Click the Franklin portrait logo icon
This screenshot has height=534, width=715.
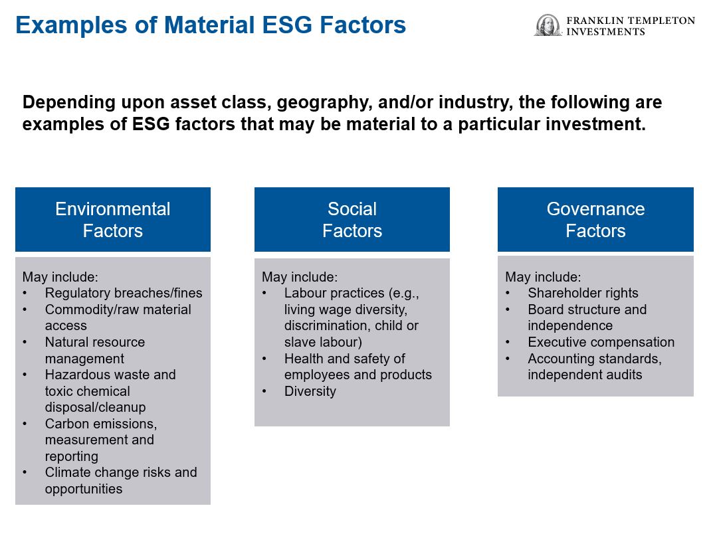coord(548,25)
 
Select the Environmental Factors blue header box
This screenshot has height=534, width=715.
coord(112,219)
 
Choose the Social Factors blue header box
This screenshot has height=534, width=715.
coord(352,219)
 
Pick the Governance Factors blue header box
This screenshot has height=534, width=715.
coord(595,219)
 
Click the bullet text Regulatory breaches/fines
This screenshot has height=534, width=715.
coord(124,293)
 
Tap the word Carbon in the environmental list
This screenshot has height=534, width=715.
coord(67,424)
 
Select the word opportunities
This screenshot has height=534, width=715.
coord(84,489)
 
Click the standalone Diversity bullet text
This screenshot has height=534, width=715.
coord(310,391)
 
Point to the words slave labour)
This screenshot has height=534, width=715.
coord(323,342)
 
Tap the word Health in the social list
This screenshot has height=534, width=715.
coord(304,359)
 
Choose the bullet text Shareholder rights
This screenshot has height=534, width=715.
coord(583,293)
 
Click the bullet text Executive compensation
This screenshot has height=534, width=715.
coord(601,342)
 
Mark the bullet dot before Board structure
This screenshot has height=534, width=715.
coord(508,310)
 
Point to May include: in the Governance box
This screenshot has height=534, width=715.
coord(543,277)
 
